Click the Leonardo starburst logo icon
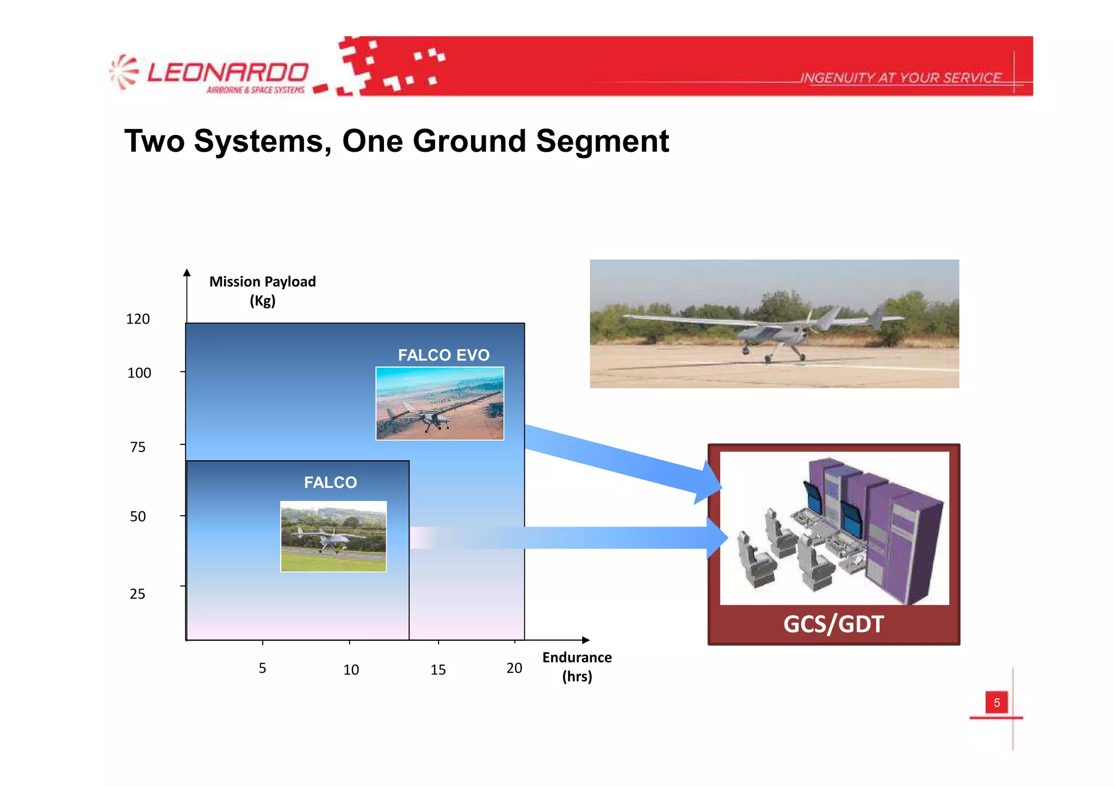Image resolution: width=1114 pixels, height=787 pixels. coord(123,72)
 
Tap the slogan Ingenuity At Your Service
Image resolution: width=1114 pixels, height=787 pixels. coord(900,78)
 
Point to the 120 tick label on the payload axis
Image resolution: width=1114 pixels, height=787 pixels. coord(138,319)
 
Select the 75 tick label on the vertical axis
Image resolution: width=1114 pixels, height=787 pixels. coord(138,447)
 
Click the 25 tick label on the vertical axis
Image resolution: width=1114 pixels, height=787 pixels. coord(138,593)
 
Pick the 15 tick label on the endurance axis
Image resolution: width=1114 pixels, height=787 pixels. coord(438,670)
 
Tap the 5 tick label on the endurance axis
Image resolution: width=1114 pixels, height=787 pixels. coord(262,668)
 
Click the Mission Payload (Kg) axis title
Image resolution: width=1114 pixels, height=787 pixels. coord(262,290)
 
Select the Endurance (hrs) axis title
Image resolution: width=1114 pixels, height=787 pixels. coord(577,666)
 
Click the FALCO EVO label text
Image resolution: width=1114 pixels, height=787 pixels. coord(443,355)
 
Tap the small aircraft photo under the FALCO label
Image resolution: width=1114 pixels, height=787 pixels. coord(333,536)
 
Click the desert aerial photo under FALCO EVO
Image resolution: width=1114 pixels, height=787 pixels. coord(440,403)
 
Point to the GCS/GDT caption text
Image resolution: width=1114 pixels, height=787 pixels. coord(833,624)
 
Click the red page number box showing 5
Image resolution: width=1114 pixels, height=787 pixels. coord(997,702)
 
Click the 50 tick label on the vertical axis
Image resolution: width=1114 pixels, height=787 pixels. coord(138,516)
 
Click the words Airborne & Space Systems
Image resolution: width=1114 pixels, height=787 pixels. coord(255,90)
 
